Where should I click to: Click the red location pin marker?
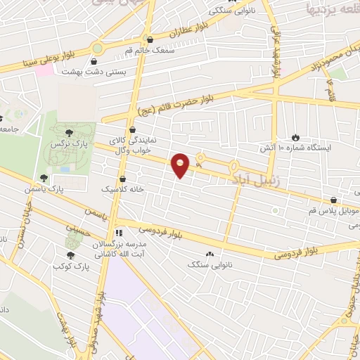(181, 165)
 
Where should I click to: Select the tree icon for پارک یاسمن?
(44, 178)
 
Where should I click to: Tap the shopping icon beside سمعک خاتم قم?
(149, 39)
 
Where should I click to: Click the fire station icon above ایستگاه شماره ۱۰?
(296, 137)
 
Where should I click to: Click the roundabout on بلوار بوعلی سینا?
(97, 49)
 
